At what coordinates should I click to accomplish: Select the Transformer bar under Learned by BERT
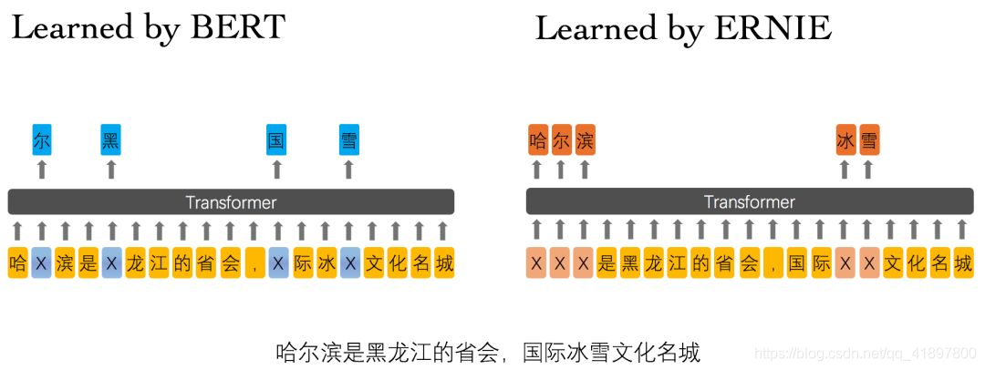pos(231,201)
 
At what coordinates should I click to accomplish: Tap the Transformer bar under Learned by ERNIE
pos(749,201)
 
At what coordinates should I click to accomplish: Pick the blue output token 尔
pos(41,140)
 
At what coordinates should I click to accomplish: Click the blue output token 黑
pos(111,140)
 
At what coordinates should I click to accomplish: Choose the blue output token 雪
pos(348,140)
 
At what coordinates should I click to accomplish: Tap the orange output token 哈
pos(537,140)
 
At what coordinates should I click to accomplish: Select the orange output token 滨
pos(585,140)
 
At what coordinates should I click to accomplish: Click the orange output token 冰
pos(845,140)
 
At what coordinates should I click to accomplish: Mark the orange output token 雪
pos(869,140)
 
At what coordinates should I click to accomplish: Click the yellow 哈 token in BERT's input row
pos(17,263)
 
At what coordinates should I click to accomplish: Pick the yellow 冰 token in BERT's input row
pos(326,263)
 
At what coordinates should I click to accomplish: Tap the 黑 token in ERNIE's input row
pos(630,263)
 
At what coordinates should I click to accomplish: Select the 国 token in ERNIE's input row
pos(796,263)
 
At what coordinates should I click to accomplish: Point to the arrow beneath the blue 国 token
pos(276,169)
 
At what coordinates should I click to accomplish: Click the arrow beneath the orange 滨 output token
pos(585,169)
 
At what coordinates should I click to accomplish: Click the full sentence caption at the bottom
pos(487,351)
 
